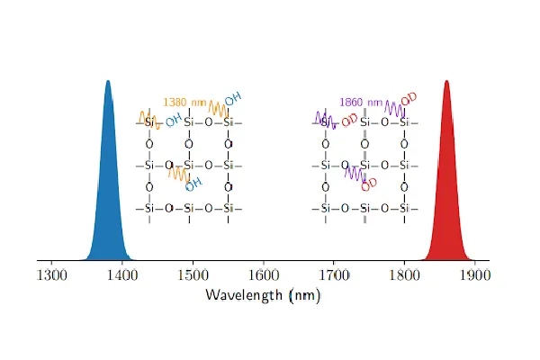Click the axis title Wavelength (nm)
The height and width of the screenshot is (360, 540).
[x=263, y=294]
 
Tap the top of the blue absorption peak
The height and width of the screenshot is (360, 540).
[x=108, y=82]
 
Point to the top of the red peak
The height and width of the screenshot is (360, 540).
[x=446, y=82]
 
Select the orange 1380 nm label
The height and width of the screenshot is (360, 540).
[x=183, y=103]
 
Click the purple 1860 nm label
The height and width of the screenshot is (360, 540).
[x=360, y=103]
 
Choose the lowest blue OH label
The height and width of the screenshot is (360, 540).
[x=193, y=181]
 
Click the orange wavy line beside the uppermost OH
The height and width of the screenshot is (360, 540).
[x=217, y=108]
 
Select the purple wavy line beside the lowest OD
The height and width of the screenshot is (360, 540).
[x=355, y=173]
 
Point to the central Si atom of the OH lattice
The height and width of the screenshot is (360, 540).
[x=189, y=166]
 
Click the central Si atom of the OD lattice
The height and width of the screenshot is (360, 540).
[x=365, y=166]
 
